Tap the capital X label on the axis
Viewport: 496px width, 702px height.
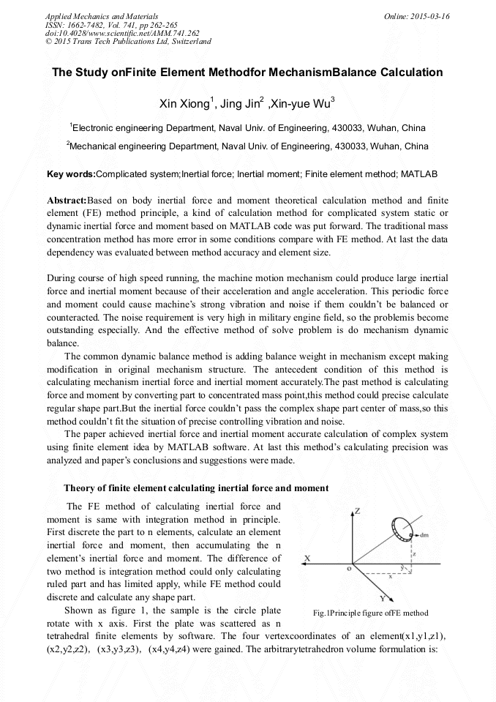(307, 559)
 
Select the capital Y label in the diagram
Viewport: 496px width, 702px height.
(383, 598)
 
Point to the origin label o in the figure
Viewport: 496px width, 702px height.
(348, 568)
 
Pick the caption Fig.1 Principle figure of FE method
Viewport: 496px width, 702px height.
(370, 613)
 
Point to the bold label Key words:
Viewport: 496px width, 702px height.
(71, 175)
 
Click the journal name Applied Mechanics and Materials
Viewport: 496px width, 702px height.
(102, 16)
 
